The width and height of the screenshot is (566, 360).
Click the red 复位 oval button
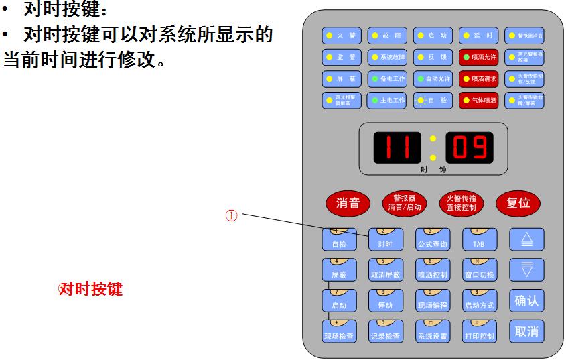coord(518,203)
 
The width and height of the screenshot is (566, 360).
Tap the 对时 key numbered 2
coord(385,239)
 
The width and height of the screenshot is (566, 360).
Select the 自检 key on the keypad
coord(339,239)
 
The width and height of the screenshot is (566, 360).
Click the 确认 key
coord(526,301)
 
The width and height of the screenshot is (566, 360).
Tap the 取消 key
coord(526,331)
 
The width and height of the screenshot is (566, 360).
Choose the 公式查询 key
coord(432,239)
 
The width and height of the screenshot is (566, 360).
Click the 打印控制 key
coord(478,332)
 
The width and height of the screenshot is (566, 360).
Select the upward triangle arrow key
coord(526,239)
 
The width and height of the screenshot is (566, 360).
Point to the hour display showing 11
coord(397,147)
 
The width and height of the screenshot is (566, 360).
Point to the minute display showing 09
coord(469,147)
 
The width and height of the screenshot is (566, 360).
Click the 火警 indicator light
coord(342,36)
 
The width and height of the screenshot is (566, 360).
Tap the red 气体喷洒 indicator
coord(478,101)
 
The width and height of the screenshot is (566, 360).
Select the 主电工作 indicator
coord(388,101)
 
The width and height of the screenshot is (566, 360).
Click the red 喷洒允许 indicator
coord(478,57)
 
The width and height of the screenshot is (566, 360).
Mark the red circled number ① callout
coord(231,216)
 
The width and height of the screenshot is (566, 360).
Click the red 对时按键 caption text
coord(91,290)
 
